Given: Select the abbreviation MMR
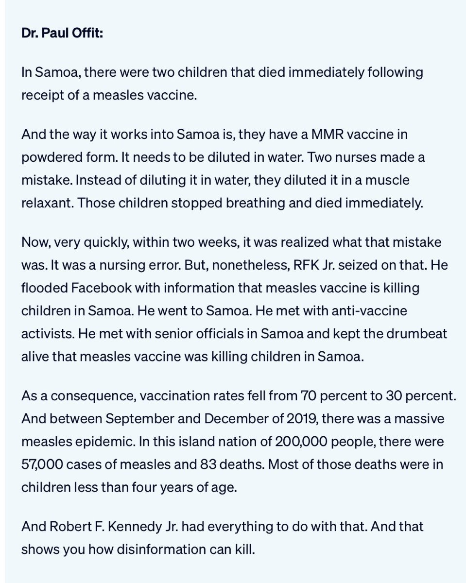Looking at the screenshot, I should [x=324, y=134].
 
